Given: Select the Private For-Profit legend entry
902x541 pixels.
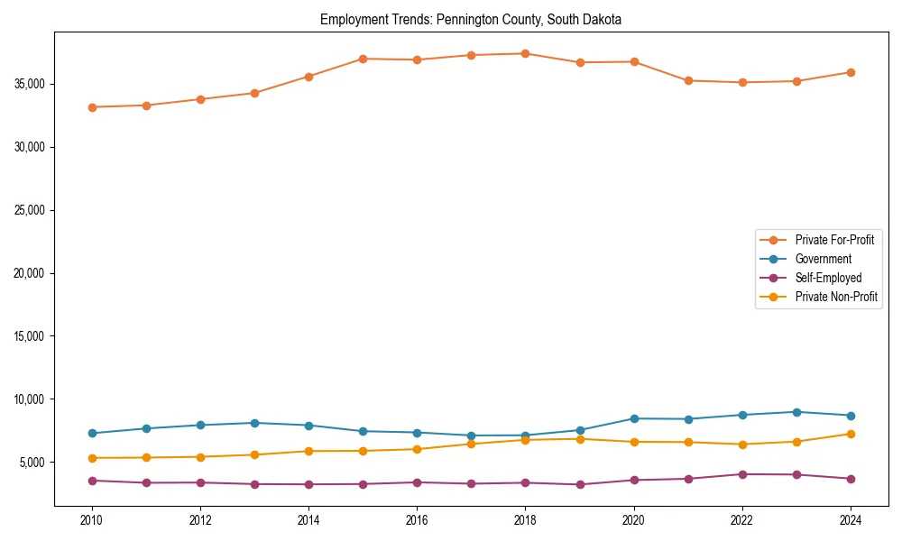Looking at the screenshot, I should tap(834, 240).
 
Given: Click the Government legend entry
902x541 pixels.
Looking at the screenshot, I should tap(823, 259).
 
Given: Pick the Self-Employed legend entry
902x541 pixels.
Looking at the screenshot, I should tap(828, 278).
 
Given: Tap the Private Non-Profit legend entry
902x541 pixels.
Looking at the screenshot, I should tap(836, 297).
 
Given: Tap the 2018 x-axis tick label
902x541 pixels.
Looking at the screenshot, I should tap(526, 520).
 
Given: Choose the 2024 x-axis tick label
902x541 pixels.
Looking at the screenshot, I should tap(851, 520).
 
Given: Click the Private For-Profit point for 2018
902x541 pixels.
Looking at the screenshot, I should tap(526, 54).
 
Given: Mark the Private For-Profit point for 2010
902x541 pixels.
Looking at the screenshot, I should tap(92, 107).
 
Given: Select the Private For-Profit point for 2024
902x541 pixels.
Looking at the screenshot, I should tap(851, 72).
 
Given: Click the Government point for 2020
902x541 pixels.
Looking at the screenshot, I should tap(634, 418).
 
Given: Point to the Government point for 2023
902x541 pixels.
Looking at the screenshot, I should tap(796, 412).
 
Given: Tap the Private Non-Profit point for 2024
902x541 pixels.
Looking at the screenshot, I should tap(851, 434).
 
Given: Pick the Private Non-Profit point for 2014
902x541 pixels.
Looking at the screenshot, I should tap(308, 451).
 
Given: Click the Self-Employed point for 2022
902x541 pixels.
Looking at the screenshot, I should tap(742, 474).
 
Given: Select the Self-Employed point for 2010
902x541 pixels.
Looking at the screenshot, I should tap(92, 481).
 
